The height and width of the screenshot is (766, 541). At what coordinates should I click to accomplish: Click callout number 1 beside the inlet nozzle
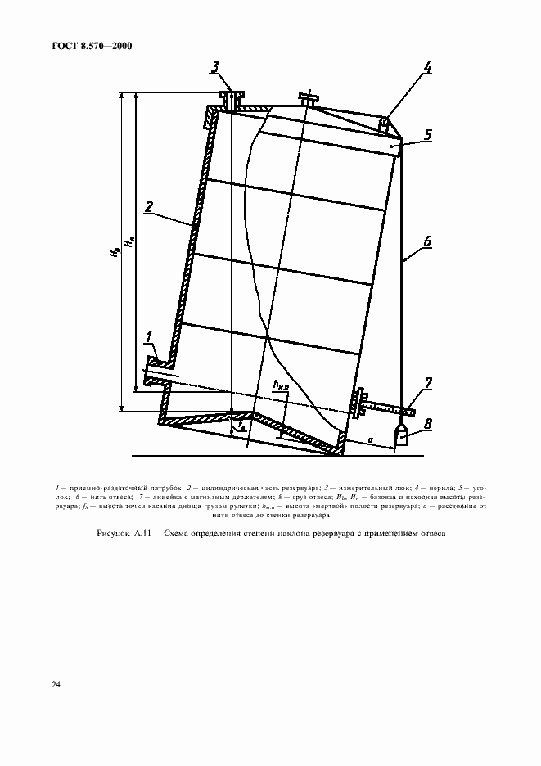click(149, 336)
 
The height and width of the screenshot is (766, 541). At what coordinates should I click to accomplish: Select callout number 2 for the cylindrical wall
click(149, 208)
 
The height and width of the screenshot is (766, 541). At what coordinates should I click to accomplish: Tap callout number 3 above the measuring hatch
click(214, 68)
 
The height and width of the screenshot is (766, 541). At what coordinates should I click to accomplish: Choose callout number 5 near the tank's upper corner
click(426, 134)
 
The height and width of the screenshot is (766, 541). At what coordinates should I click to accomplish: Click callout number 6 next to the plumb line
click(426, 243)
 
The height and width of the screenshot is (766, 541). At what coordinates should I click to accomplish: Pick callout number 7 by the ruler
click(426, 382)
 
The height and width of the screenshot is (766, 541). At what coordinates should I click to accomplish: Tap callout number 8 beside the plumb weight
click(426, 425)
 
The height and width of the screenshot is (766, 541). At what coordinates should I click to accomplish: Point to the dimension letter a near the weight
click(371, 440)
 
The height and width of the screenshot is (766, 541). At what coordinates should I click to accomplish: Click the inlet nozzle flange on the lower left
click(153, 369)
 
